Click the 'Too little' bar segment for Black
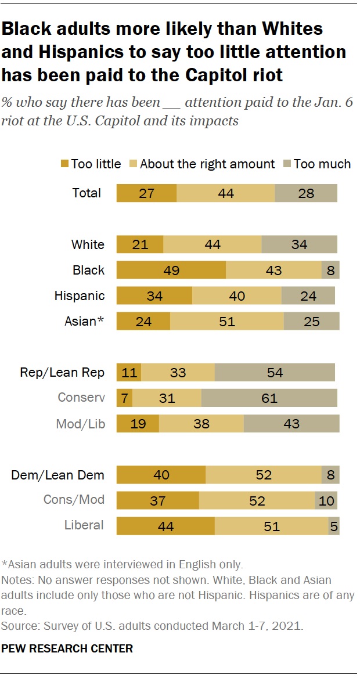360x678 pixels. [x=171, y=271]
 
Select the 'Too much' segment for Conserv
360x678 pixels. [x=269, y=398]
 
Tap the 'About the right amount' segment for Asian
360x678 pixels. [x=227, y=322]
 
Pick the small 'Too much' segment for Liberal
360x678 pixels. [x=334, y=526]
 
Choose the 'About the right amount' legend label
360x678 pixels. [x=207, y=164]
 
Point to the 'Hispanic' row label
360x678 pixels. [x=80, y=296]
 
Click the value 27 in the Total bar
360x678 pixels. [x=146, y=193]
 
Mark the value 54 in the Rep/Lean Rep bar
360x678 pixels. [x=275, y=373]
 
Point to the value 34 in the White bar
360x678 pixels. [x=299, y=245]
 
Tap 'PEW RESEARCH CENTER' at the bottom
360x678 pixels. [x=67, y=648]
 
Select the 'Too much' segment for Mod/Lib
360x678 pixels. [x=291, y=424]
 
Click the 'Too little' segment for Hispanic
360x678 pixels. [x=154, y=296]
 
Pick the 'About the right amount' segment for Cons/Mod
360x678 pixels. [x=257, y=501]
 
